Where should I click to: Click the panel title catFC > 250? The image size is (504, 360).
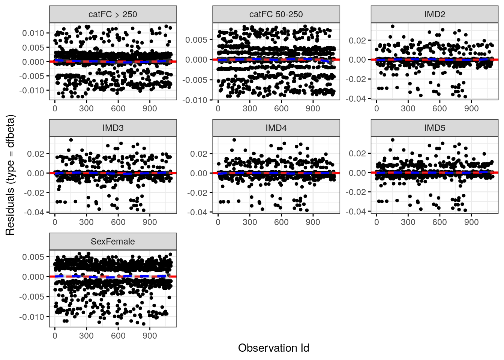coord(113,14)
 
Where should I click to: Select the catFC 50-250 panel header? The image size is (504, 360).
coord(276,14)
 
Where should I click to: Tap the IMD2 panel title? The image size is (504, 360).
coord(435,14)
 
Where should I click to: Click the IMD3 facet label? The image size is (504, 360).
coord(113,128)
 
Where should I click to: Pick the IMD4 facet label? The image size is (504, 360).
coord(276,128)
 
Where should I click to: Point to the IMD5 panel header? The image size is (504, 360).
coord(435,128)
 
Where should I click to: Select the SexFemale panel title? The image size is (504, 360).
coord(113,241)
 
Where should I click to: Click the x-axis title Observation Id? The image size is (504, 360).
coord(273,348)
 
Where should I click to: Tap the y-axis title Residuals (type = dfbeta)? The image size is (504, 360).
coord(10,175)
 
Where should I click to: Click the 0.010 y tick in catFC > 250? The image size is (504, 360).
coord(33,33)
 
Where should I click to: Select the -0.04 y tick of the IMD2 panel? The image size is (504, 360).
coord(356,99)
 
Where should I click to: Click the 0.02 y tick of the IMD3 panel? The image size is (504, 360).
coord(36,154)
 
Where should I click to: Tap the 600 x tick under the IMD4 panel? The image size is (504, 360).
coord(281,222)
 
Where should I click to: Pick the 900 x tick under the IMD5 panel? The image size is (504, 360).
coord(471,222)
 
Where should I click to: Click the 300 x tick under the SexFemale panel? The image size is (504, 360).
coord(86,336)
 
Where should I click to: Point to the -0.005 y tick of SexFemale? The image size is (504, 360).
coord(32,297)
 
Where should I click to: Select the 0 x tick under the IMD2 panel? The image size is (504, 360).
coord(376,108)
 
